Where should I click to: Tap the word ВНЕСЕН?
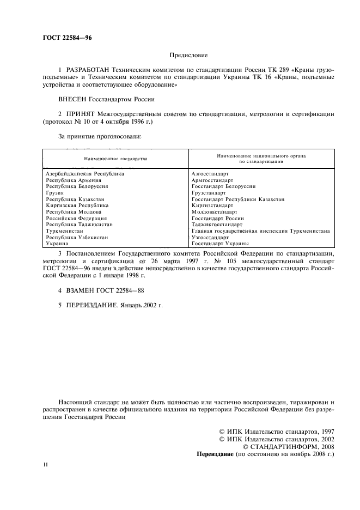click(x=75, y=99)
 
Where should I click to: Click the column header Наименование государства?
click(x=115, y=159)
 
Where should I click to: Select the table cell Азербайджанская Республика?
click(x=85, y=174)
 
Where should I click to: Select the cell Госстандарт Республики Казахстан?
click(x=238, y=199)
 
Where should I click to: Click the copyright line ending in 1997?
click(x=276, y=431)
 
